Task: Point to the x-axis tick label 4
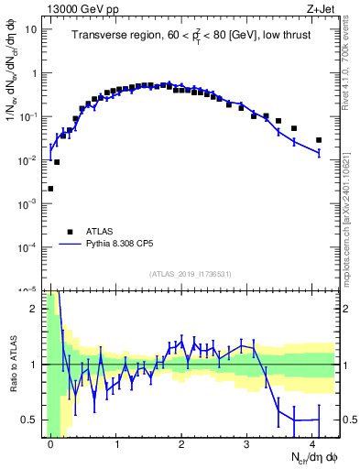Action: point(312,443)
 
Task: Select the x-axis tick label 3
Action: point(247,443)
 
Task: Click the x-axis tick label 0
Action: point(50,443)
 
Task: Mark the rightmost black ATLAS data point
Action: point(319,140)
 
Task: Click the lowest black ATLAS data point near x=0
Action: point(50,189)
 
